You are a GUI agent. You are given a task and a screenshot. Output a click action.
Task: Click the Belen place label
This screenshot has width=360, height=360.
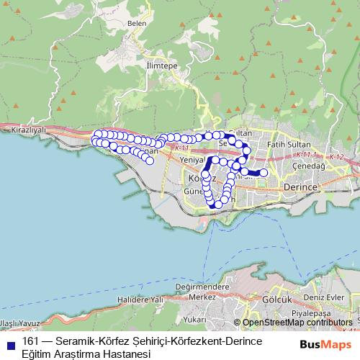(x=137, y=23)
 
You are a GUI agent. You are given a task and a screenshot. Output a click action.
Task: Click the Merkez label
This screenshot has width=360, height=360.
(x=202, y=296)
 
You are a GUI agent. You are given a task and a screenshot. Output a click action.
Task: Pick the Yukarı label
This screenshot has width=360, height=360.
(x=194, y=319)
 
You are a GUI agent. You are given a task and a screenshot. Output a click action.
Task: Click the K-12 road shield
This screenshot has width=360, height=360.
(x=336, y=157)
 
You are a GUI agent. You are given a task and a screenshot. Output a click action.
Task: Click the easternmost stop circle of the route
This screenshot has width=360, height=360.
(x=264, y=173)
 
